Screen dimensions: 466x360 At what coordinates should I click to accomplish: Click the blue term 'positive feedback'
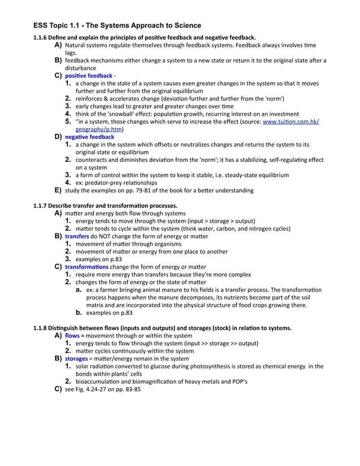click(x=89, y=76)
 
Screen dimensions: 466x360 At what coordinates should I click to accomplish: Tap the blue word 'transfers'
click(x=77, y=236)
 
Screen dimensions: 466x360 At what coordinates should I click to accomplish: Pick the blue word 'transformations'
click(x=87, y=266)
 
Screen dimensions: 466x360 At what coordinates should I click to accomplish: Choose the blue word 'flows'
click(x=72, y=335)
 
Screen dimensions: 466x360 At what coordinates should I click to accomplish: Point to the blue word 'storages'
click(x=76, y=358)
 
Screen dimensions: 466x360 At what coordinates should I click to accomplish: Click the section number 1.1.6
click(x=43, y=37)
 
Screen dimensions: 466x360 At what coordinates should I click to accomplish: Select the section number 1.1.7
click(x=43, y=205)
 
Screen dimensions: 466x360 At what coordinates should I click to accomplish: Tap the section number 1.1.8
click(x=43, y=328)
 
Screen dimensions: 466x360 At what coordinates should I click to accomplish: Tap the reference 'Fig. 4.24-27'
click(x=93, y=389)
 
